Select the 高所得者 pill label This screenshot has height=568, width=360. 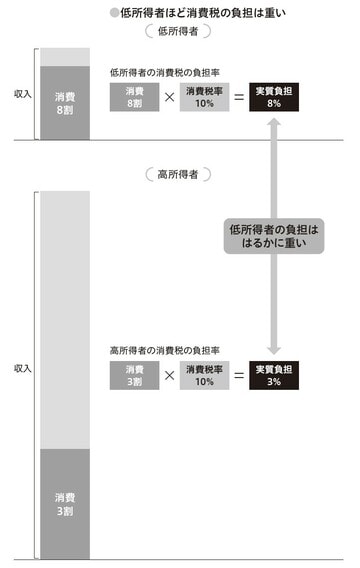click(178, 174)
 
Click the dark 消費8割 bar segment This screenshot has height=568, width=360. click(64, 102)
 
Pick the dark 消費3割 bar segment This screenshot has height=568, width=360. click(64, 502)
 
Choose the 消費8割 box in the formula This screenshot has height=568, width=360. click(134, 97)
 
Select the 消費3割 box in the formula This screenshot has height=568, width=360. click(134, 375)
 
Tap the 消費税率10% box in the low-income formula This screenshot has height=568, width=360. click(202, 97)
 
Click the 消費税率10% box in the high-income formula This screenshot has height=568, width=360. click(202, 375)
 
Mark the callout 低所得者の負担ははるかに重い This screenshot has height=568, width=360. click(271, 237)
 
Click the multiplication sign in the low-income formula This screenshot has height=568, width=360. click(168, 98)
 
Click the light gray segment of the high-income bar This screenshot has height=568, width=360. click(64, 320)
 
